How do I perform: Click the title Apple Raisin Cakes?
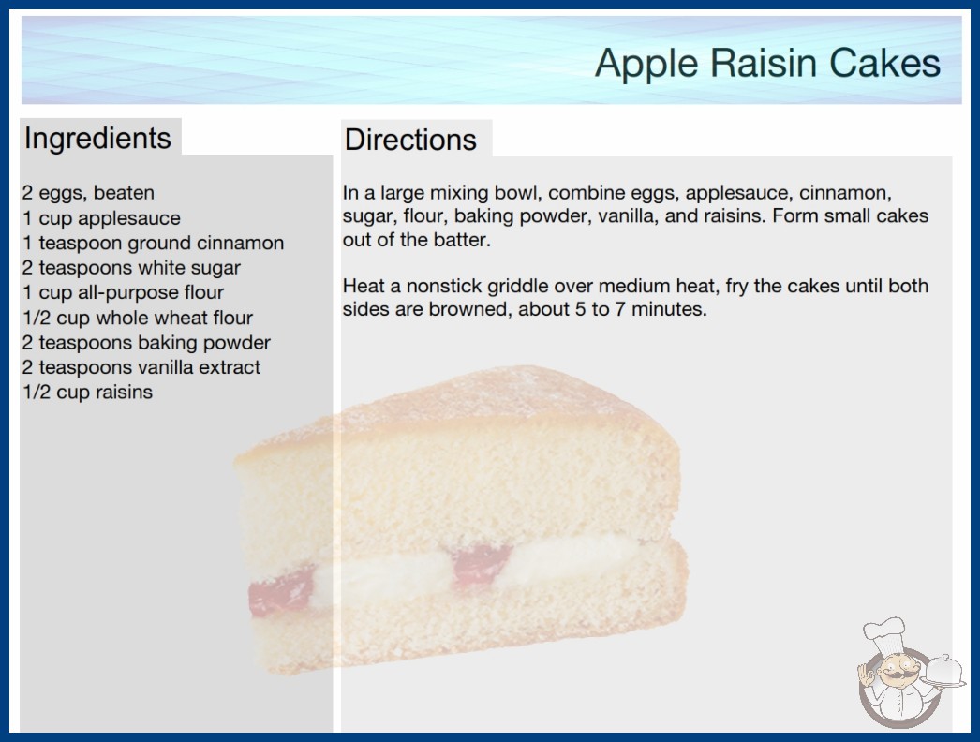(767, 63)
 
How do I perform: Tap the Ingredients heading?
(97, 139)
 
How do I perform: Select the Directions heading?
(410, 140)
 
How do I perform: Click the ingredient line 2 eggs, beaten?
(88, 193)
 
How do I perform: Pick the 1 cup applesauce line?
(101, 218)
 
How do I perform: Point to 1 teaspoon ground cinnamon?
(153, 243)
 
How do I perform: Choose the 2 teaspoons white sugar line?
(131, 268)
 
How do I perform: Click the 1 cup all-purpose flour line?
(123, 292)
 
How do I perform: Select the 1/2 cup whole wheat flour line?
(138, 318)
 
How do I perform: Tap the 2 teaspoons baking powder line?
(146, 343)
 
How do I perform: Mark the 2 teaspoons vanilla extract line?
(141, 367)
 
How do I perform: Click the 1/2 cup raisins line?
(87, 392)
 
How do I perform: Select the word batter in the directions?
(461, 240)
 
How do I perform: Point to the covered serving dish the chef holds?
(943, 671)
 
